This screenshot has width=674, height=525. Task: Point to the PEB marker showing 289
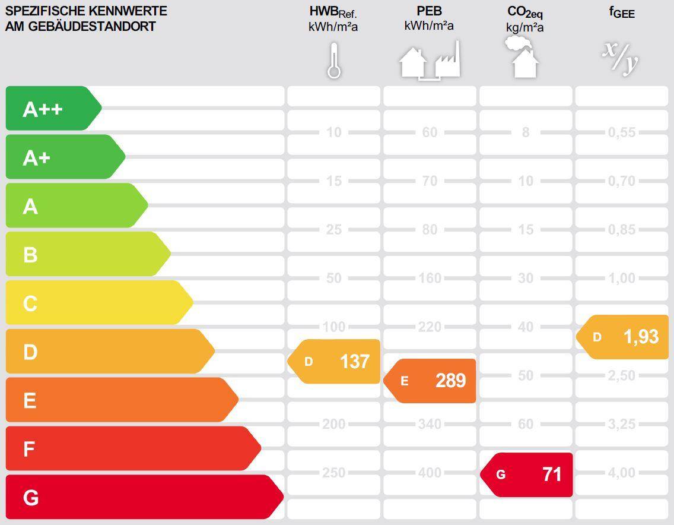tap(431, 381)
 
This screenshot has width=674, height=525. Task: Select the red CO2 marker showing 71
tap(527, 475)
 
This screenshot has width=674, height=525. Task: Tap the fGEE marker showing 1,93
tap(623, 337)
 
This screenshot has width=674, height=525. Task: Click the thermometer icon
tap(334, 61)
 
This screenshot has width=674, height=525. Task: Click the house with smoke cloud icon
tap(523, 58)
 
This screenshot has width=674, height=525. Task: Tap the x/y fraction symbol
tap(621, 58)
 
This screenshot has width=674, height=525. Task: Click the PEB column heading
tap(429, 11)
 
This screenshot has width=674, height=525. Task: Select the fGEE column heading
tap(622, 12)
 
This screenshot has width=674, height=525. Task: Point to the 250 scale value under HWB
tap(333, 473)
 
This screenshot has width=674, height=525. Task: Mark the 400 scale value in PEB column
tap(430, 473)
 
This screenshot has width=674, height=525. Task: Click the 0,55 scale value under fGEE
tap(622, 132)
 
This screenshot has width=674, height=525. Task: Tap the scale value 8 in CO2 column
tap(526, 132)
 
